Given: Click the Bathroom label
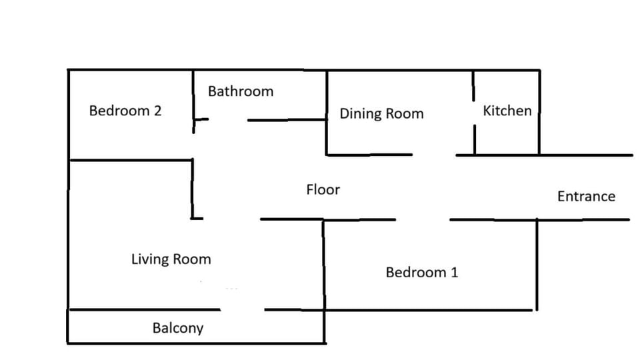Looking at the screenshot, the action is coord(241,91).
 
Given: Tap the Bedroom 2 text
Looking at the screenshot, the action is coord(125,111).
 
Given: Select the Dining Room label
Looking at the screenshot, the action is coord(381,113).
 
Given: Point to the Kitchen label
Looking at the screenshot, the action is coord(507,111).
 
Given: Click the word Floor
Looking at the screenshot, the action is coord(323,189).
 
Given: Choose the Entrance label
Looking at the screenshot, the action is coord(586,196).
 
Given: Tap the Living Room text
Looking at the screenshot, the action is coord(171,259).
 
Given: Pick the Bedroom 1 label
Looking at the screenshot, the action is coord(421,272).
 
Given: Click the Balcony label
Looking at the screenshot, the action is coord(178,328).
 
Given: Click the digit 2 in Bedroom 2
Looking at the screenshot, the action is coord(157,111).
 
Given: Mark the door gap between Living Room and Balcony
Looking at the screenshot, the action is coord(243,310).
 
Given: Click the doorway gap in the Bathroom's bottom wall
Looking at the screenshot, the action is coord(228,119).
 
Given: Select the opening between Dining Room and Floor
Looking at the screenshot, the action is coord(434,155).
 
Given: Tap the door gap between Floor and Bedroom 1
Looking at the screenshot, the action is coord(423,219).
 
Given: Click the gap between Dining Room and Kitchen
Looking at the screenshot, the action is coord(474,113).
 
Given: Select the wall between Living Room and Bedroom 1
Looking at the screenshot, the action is coord(324,265).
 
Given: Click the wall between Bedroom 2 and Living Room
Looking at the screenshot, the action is coord(130,160).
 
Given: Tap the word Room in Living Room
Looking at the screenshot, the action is coord(192,259).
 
